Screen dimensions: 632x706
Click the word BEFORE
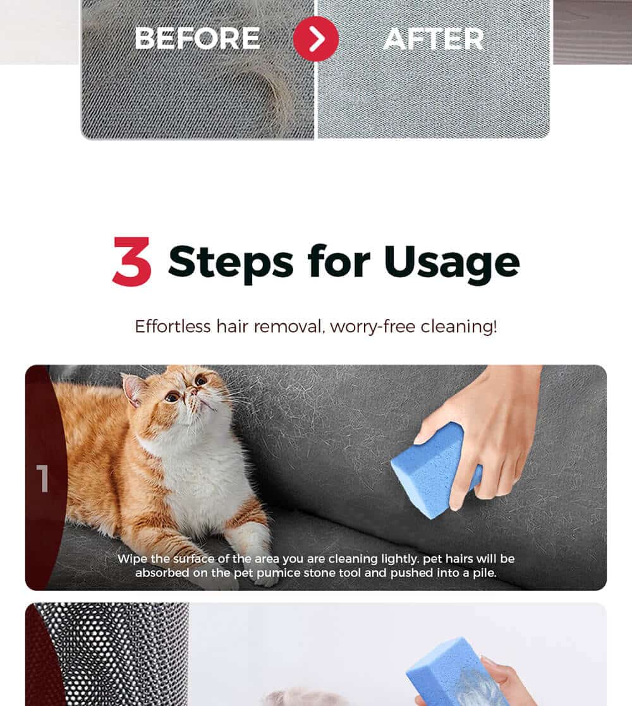click(197, 39)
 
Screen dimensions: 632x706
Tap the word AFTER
click(434, 39)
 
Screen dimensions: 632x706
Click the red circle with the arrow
click(316, 39)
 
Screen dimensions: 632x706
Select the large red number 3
click(131, 261)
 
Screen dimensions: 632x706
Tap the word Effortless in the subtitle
click(173, 326)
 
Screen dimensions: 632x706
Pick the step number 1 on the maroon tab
click(42, 478)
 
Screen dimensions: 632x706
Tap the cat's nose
click(193, 393)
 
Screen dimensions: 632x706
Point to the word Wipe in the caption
click(132, 559)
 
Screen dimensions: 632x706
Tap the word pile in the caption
click(484, 573)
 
